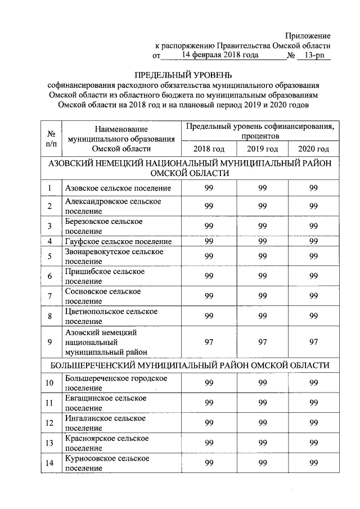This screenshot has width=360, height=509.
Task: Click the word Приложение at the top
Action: click(308, 36)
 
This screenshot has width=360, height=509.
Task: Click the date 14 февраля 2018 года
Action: click(220, 55)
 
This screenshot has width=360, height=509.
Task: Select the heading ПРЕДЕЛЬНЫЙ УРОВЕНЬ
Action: click(182, 75)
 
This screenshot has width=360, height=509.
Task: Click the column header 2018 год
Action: click(209, 148)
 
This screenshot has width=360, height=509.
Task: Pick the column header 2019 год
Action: click(262, 148)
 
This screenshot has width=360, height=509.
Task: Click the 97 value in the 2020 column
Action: click(313, 342)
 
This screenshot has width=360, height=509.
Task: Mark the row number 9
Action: click(51, 342)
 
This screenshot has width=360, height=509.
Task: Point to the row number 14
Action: click(51, 463)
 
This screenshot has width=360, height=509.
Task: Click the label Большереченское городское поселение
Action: click(116, 382)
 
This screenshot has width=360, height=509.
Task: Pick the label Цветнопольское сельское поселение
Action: click(111, 316)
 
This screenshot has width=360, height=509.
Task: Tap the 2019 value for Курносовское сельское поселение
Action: click(262, 463)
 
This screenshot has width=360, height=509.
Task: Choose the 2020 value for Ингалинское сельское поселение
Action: click(313, 423)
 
